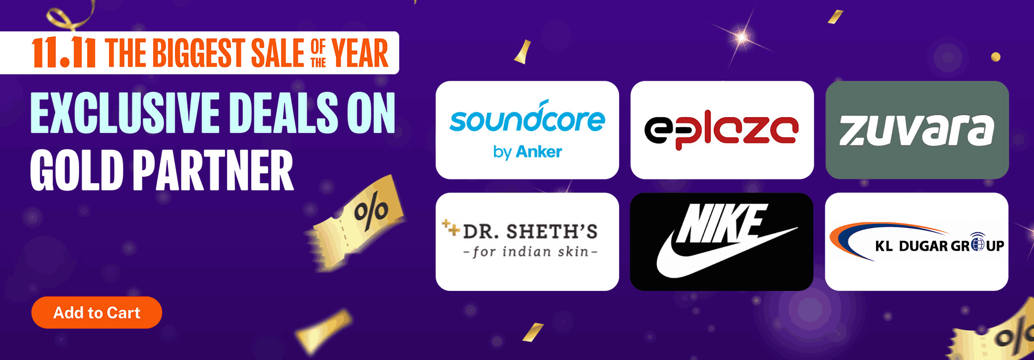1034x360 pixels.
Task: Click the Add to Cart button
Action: click(x=97, y=312)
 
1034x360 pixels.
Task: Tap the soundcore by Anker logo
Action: click(x=527, y=130)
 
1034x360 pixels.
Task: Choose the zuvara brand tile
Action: click(x=917, y=130)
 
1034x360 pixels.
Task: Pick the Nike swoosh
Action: click(x=725, y=254)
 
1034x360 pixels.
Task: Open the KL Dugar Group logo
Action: click(x=917, y=242)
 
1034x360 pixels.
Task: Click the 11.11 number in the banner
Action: click(x=63, y=53)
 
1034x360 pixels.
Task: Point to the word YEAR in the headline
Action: click(x=360, y=53)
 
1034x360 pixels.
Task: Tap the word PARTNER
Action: click(x=213, y=171)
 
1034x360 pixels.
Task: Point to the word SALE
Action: click(x=277, y=53)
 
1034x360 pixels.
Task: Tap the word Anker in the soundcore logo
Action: click(x=538, y=152)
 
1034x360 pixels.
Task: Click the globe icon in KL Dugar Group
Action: click(x=977, y=243)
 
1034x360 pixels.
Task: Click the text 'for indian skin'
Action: click(x=530, y=252)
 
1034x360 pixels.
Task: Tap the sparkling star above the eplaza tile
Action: click(x=742, y=37)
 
